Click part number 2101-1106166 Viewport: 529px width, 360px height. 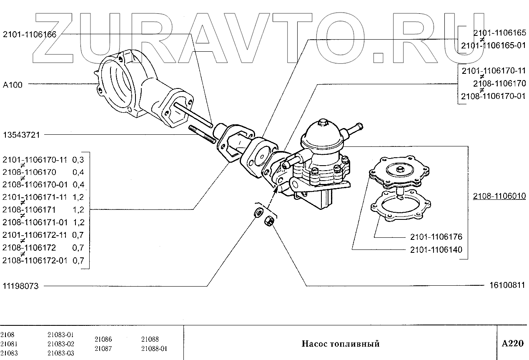point(30,35)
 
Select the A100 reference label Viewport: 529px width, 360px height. point(13,85)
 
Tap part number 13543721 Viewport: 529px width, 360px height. point(21,135)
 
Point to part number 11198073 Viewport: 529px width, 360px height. point(21,286)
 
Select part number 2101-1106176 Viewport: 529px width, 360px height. point(436,237)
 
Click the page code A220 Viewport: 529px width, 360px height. point(512,344)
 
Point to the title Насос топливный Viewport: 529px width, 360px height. point(340,344)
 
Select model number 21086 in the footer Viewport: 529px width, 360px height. point(103,340)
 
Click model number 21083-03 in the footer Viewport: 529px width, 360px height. point(61,353)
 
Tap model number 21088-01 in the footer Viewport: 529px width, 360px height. point(154,348)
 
